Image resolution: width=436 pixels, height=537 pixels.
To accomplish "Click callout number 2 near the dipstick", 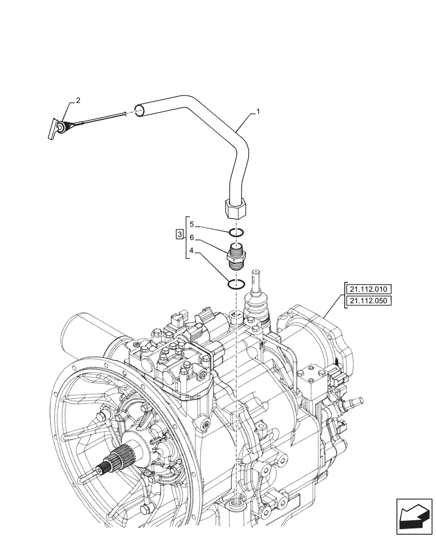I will [78, 100].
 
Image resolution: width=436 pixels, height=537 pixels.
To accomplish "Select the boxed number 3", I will [179, 234].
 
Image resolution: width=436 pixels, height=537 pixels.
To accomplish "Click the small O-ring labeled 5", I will [236, 233].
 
